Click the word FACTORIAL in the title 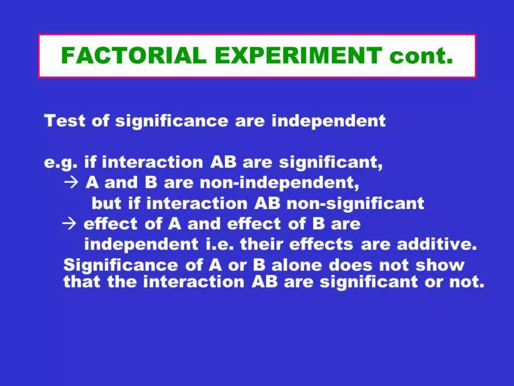(x=134, y=55)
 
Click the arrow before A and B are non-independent (x=71, y=182)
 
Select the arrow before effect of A (x=69, y=223)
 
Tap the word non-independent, (x=279, y=183)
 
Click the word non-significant (x=355, y=203)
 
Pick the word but (x=106, y=203)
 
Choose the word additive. (x=436, y=244)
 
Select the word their (x=261, y=244)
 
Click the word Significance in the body (x=121, y=266)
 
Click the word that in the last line (x=82, y=282)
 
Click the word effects (x=321, y=244)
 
